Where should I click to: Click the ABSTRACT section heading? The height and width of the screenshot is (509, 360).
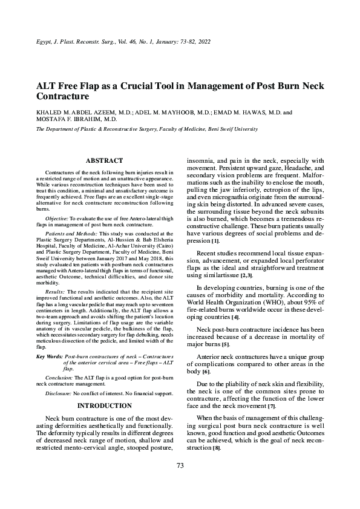(105, 160)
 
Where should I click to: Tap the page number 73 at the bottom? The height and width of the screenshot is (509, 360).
(180, 482)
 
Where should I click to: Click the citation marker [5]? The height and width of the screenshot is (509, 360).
(225, 344)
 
